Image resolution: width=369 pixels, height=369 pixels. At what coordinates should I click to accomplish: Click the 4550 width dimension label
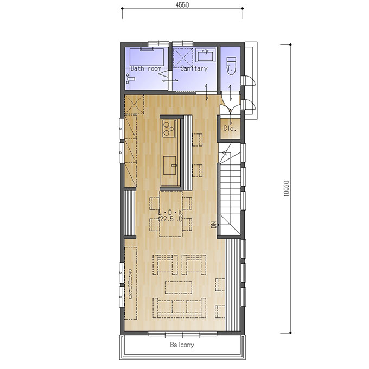tap(182, 5)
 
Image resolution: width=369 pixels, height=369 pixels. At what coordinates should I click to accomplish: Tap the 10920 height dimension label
tap(287, 188)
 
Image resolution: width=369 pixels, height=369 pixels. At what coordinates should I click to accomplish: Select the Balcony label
tap(182, 345)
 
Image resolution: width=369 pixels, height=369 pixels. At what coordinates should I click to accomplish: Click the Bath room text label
tap(146, 68)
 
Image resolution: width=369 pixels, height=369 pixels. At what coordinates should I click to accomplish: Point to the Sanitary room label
tap(194, 68)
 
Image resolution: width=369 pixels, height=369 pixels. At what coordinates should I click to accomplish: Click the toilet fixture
tap(231, 66)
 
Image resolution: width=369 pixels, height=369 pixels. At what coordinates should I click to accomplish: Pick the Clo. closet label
tap(230, 129)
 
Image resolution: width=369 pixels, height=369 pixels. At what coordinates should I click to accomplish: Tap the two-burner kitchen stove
tap(169, 128)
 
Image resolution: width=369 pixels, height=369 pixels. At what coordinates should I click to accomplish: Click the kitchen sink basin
tap(170, 166)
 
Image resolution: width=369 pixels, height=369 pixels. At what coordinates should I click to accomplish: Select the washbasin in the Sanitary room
tap(206, 55)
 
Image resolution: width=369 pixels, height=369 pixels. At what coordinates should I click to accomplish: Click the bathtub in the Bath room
tap(147, 57)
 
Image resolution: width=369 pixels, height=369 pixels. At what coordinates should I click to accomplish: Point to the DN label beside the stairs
tap(214, 225)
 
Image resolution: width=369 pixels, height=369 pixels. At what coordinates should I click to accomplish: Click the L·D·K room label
tap(170, 212)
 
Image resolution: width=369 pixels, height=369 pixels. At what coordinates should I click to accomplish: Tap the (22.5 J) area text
tap(171, 219)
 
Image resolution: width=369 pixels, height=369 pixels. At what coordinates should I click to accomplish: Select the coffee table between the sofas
tap(179, 288)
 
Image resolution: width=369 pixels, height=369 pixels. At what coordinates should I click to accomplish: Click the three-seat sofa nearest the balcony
tap(180, 308)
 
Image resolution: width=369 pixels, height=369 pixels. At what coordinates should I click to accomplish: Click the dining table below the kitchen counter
tap(171, 214)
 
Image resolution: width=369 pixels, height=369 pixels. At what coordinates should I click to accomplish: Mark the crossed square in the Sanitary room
tap(183, 58)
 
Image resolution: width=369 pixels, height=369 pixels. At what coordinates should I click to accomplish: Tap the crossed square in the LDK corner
tap(134, 105)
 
